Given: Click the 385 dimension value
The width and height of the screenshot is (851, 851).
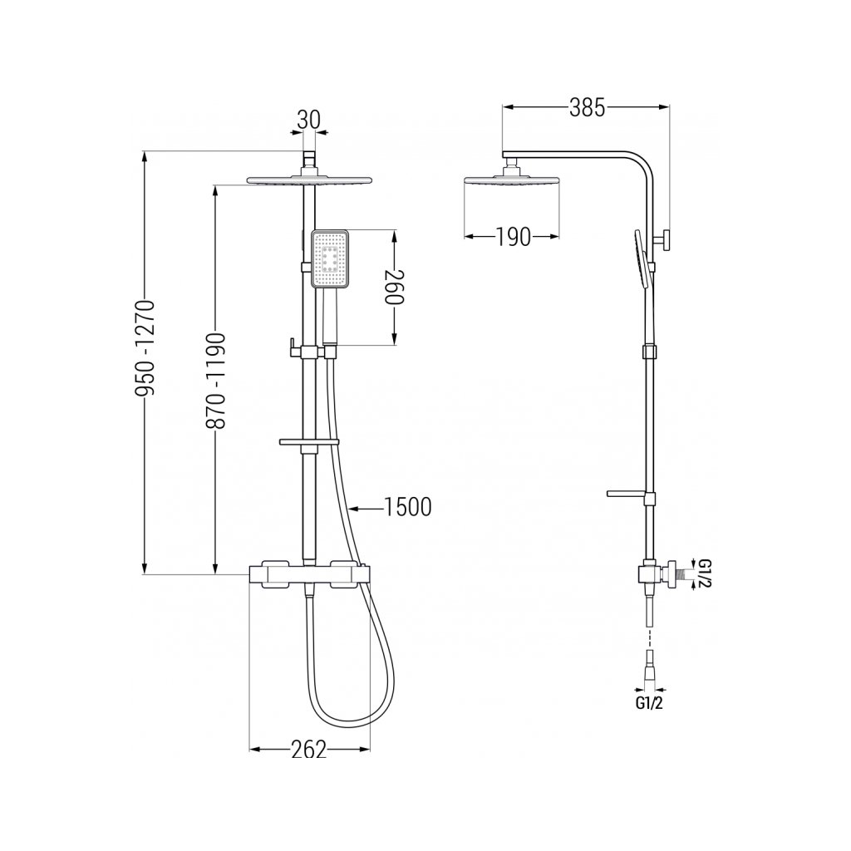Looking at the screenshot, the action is [x=587, y=108].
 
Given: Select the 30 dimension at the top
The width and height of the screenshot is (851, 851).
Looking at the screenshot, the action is [x=309, y=120].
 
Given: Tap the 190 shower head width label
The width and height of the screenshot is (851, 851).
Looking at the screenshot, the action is [x=513, y=237].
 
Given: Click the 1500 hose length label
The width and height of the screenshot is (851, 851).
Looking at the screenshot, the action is [x=407, y=507].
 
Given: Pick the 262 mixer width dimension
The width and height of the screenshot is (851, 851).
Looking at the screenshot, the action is [x=309, y=750].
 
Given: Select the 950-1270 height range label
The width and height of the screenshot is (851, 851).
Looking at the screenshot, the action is [x=145, y=348].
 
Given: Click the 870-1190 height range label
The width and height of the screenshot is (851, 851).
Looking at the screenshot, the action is [x=217, y=381].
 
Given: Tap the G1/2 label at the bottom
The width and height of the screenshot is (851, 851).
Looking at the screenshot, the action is [x=649, y=703].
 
